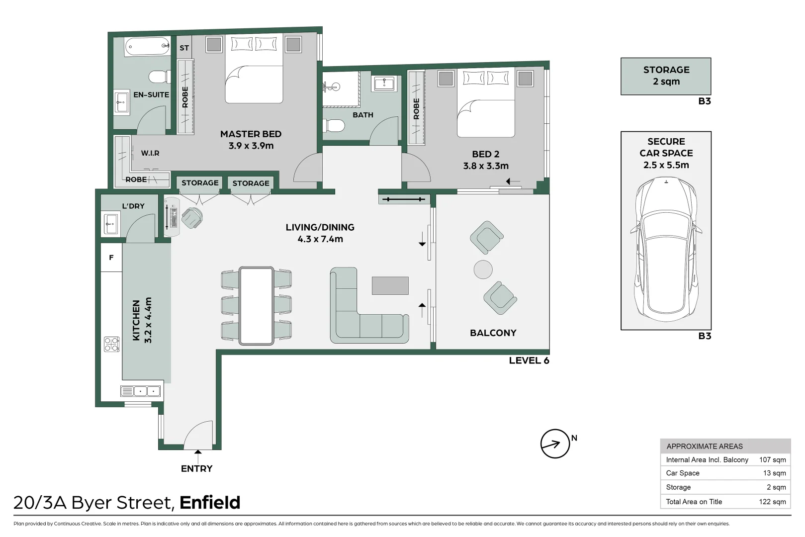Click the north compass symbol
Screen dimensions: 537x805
click(x=555, y=444)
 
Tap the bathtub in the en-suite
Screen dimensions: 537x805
click(x=147, y=47)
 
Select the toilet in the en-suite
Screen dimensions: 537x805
click(x=160, y=77)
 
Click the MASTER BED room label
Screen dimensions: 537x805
click(x=251, y=134)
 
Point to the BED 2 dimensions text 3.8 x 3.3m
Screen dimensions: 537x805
click(x=486, y=166)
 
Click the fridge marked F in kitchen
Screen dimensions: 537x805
click(x=111, y=258)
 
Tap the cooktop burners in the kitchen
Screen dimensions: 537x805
click(x=111, y=344)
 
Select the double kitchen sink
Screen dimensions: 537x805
click(x=141, y=391)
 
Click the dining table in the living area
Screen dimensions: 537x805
click(x=256, y=306)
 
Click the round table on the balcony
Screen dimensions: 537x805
click(x=483, y=269)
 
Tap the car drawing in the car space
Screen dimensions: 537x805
click(x=666, y=249)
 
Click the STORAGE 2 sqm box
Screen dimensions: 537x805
click(x=666, y=76)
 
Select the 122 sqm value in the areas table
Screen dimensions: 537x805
click(x=772, y=502)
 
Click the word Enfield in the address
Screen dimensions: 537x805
click(x=210, y=503)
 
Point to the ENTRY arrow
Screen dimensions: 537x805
click(x=198, y=452)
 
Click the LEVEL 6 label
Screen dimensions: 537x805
click(x=529, y=360)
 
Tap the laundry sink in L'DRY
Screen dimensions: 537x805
click(x=111, y=224)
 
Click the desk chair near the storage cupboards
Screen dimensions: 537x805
click(x=192, y=217)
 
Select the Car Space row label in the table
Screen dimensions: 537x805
click(x=683, y=473)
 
